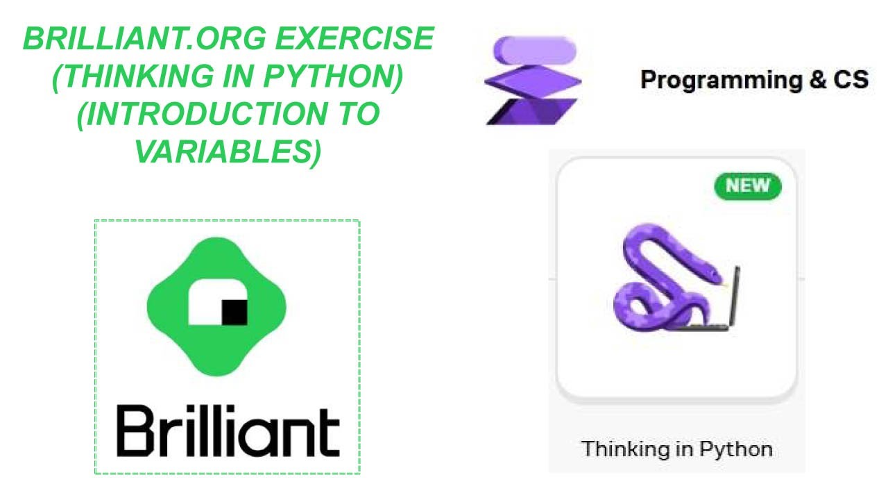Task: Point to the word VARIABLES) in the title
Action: coord(228,151)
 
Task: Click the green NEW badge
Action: coord(747,185)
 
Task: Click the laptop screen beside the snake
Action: coord(734,295)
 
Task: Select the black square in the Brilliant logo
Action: coord(234,312)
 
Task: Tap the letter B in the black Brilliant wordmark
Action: coord(134,431)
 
